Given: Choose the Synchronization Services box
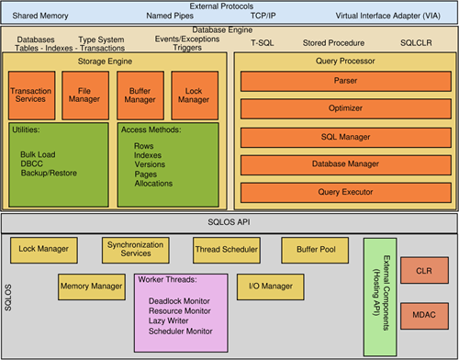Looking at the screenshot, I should click(129, 249).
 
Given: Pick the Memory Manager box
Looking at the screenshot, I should click(91, 287).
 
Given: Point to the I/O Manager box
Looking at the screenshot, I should click(271, 287).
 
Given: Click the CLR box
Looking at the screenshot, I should click(422, 272).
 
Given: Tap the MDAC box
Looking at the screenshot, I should click(422, 314).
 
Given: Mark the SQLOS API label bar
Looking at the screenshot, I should click(229, 221).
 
